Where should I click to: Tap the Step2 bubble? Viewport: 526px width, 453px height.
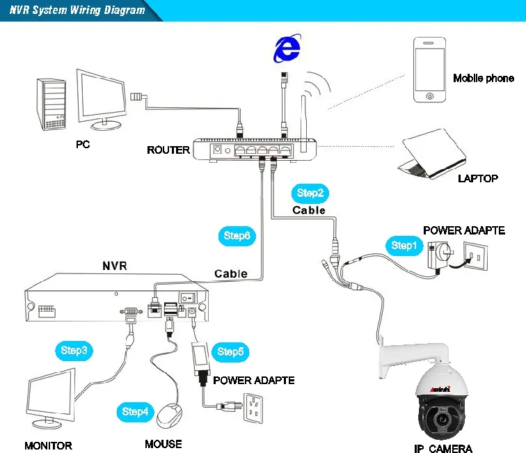pos(310,193)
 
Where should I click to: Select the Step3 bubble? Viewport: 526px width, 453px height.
pos(73,350)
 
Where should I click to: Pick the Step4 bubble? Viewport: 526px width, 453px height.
pos(135,411)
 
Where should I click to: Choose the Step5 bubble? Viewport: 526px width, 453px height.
pos(230,351)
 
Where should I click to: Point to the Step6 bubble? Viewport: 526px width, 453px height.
pos(237,236)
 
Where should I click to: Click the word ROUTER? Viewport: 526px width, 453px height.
pos(168,150)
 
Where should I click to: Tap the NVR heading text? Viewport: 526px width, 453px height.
pos(115,265)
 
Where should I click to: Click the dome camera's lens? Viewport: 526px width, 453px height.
pos(440,420)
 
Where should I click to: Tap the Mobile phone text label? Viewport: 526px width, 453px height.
pos(484,78)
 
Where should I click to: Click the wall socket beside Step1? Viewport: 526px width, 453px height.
pos(475,259)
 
